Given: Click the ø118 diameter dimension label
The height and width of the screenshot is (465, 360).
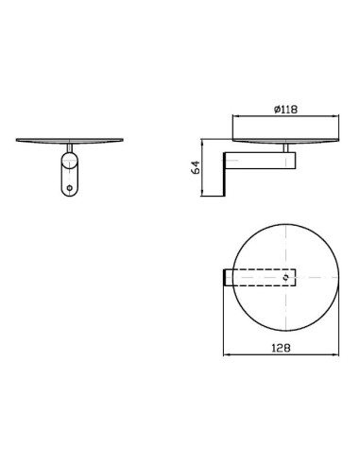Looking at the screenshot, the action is coord(285,110).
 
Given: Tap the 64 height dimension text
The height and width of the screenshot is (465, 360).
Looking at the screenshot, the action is coord(196,167).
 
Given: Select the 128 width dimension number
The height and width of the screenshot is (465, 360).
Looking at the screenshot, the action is coord(281,348).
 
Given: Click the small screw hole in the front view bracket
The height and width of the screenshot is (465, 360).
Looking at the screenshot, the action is coord(70,188).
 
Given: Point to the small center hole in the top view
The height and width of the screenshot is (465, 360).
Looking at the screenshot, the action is coord(286,277).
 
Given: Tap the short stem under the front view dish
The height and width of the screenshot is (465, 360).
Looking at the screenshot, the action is coord(70,147).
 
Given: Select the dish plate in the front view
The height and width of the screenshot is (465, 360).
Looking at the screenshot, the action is coord(70,141).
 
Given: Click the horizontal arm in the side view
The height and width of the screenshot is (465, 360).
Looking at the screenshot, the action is coord(260,161).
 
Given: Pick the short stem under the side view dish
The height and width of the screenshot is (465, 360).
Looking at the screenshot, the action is coord(286,148).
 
